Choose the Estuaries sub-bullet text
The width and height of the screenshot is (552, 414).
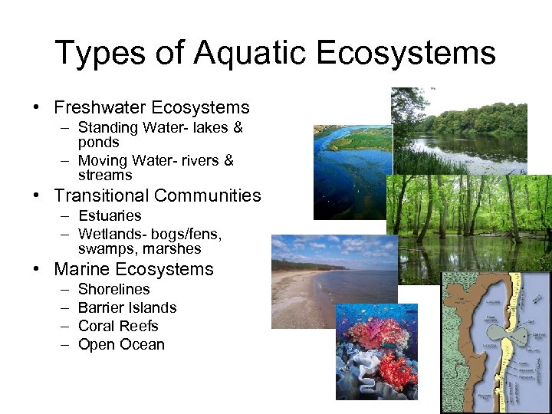click(x=110, y=216)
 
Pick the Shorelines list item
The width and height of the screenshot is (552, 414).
click(x=114, y=290)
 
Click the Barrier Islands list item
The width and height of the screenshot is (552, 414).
click(x=127, y=308)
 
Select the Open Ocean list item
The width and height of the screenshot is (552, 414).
click(x=121, y=345)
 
